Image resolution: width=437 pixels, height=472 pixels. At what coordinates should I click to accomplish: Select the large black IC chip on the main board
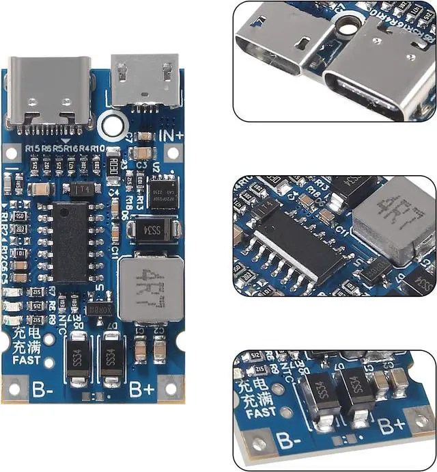click(x=71, y=241)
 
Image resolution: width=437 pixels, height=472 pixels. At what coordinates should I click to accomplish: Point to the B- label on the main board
click(x=42, y=389)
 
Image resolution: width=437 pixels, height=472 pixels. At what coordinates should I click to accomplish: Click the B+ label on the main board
click(x=141, y=389)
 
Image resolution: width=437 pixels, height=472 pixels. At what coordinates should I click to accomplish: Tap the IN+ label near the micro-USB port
click(x=171, y=135)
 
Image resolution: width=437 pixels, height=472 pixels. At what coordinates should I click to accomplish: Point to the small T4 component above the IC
click(x=81, y=188)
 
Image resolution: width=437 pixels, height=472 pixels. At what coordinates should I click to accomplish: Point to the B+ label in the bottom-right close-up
click(x=393, y=428)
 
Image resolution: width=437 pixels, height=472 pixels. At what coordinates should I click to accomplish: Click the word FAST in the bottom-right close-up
click(x=262, y=412)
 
